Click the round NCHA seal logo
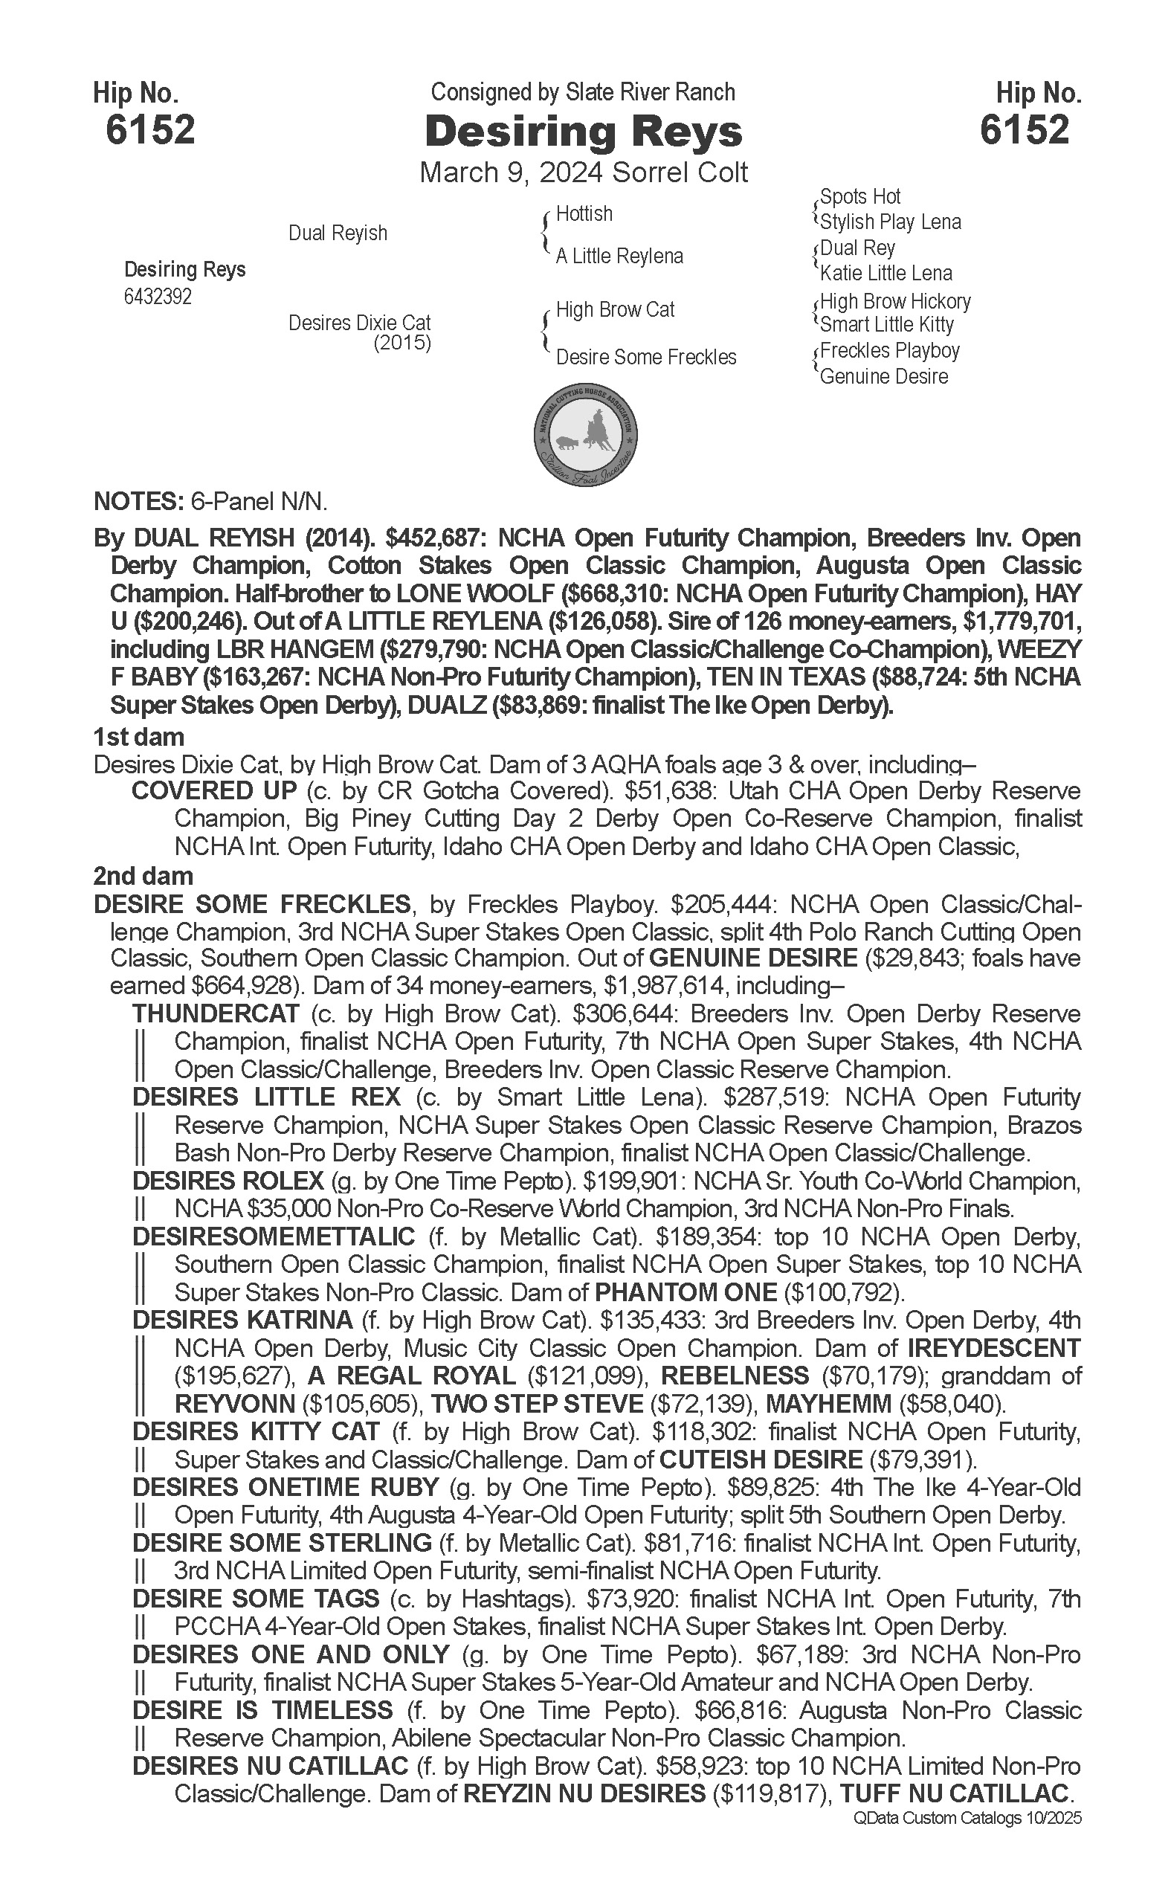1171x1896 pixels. point(586,435)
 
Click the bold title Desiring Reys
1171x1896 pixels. point(583,132)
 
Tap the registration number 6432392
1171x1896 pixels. point(158,297)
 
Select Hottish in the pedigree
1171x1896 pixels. point(584,214)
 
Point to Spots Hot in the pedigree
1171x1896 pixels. point(859,197)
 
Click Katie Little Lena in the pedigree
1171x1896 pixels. point(886,274)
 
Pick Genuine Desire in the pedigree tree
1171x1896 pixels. point(884,377)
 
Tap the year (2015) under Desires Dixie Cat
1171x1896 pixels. point(402,342)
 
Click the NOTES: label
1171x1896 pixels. point(138,502)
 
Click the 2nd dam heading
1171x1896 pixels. point(143,876)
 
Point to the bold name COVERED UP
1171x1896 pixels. point(215,791)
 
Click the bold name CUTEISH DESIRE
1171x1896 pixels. point(761,1460)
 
